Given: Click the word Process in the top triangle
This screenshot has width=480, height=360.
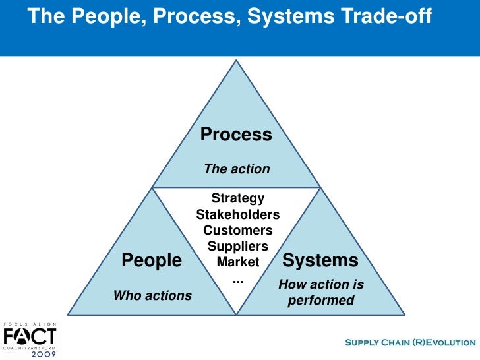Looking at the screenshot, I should [x=235, y=135].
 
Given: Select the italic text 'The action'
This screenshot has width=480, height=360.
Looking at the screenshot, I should [x=237, y=169].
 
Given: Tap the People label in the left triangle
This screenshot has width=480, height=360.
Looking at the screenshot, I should [x=152, y=260].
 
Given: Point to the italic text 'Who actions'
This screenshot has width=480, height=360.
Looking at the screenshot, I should [x=152, y=295].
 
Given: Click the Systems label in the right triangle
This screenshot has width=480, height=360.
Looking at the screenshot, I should [x=320, y=260].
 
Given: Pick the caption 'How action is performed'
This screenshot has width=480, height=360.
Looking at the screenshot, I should [x=320, y=293].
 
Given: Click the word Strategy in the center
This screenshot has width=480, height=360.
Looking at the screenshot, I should [x=237, y=198].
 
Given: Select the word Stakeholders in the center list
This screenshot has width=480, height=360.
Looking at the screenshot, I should [x=237, y=214].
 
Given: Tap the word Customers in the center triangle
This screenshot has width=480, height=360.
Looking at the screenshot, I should [x=237, y=230].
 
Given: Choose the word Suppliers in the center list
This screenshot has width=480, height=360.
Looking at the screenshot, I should [x=237, y=246].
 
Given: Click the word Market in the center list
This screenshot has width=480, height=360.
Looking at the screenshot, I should [x=238, y=262].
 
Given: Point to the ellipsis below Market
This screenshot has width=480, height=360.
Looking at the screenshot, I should [x=238, y=280].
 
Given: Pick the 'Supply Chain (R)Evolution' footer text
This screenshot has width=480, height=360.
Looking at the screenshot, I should [x=410, y=342].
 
